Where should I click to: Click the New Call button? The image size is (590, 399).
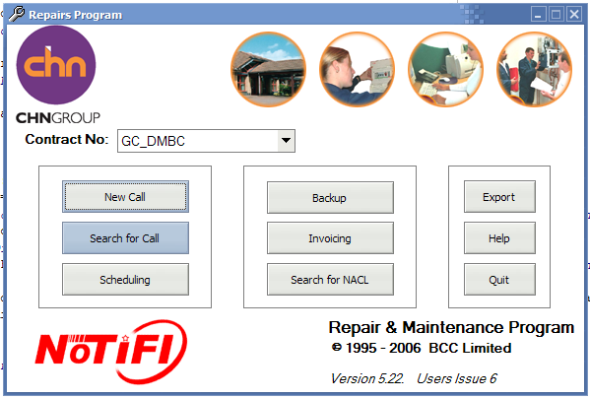point(125,196)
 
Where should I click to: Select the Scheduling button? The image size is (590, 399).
point(125,280)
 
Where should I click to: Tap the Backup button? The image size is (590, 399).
point(330,198)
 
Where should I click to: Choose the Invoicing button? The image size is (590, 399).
point(330,238)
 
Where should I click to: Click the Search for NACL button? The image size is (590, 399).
point(330,280)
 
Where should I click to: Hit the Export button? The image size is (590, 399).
point(499,197)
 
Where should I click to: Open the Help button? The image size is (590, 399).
point(499,238)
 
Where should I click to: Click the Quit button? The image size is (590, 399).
point(499,280)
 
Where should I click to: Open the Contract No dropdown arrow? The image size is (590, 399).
point(286,141)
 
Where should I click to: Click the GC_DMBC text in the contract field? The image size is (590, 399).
point(153,141)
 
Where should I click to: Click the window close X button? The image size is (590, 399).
point(574,15)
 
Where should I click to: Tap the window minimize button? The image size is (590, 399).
point(539,15)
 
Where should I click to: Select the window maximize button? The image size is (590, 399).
point(557,15)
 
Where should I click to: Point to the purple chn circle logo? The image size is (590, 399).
point(56,65)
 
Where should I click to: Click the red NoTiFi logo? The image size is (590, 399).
point(111,351)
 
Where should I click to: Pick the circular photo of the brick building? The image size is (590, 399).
point(268,69)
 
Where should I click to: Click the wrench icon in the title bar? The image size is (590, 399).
point(17,14)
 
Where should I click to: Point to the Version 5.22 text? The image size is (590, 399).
point(367,378)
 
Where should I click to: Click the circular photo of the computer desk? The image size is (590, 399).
point(446,69)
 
